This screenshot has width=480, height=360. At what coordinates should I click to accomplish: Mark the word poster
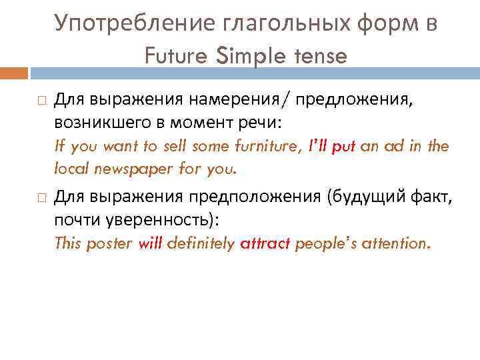(108, 243)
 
